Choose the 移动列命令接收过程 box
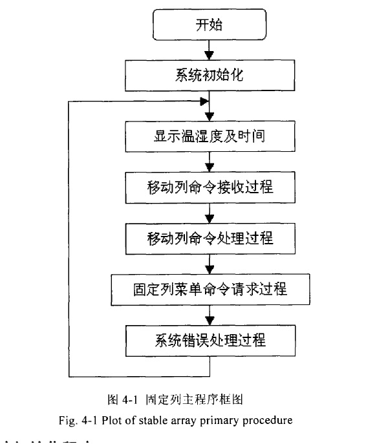click(x=210, y=187)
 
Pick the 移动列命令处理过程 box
click(x=210, y=237)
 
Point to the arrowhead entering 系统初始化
click(x=210, y=54)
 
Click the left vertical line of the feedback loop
click(x=68, y=239)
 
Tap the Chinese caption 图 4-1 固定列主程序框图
click(x=175, y=399)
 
